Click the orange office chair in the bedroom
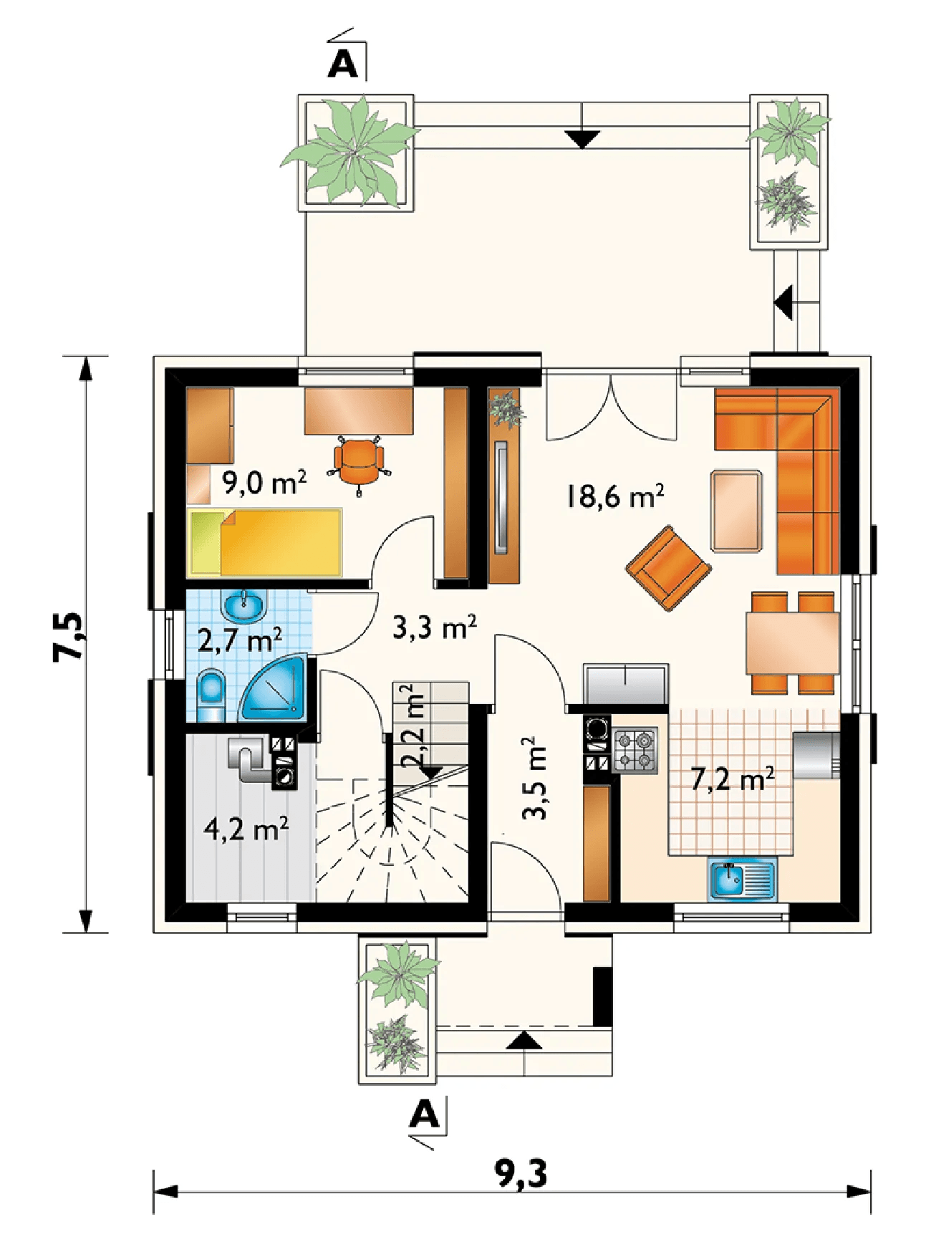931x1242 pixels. (x=358, y=462)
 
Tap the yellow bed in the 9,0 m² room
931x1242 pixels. (x=265, y=542)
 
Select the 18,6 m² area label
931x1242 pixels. (x=615, y=496)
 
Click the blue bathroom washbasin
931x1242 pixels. (x=245, y=606)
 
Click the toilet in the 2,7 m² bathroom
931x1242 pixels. (x=211, y=695)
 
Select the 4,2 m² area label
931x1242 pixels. (x=246, y=829)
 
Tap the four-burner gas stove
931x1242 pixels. (x=635, y=750)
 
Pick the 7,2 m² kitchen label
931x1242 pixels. (x=733, y=779)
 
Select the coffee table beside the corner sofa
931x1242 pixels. (x=736, y=511)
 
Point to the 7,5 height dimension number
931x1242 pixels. (x=69, y=636)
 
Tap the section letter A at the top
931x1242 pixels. (x=342, y=64)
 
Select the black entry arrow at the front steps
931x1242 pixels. (x=524, y=1041)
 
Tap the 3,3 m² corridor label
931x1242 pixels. (x=435, y=627)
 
